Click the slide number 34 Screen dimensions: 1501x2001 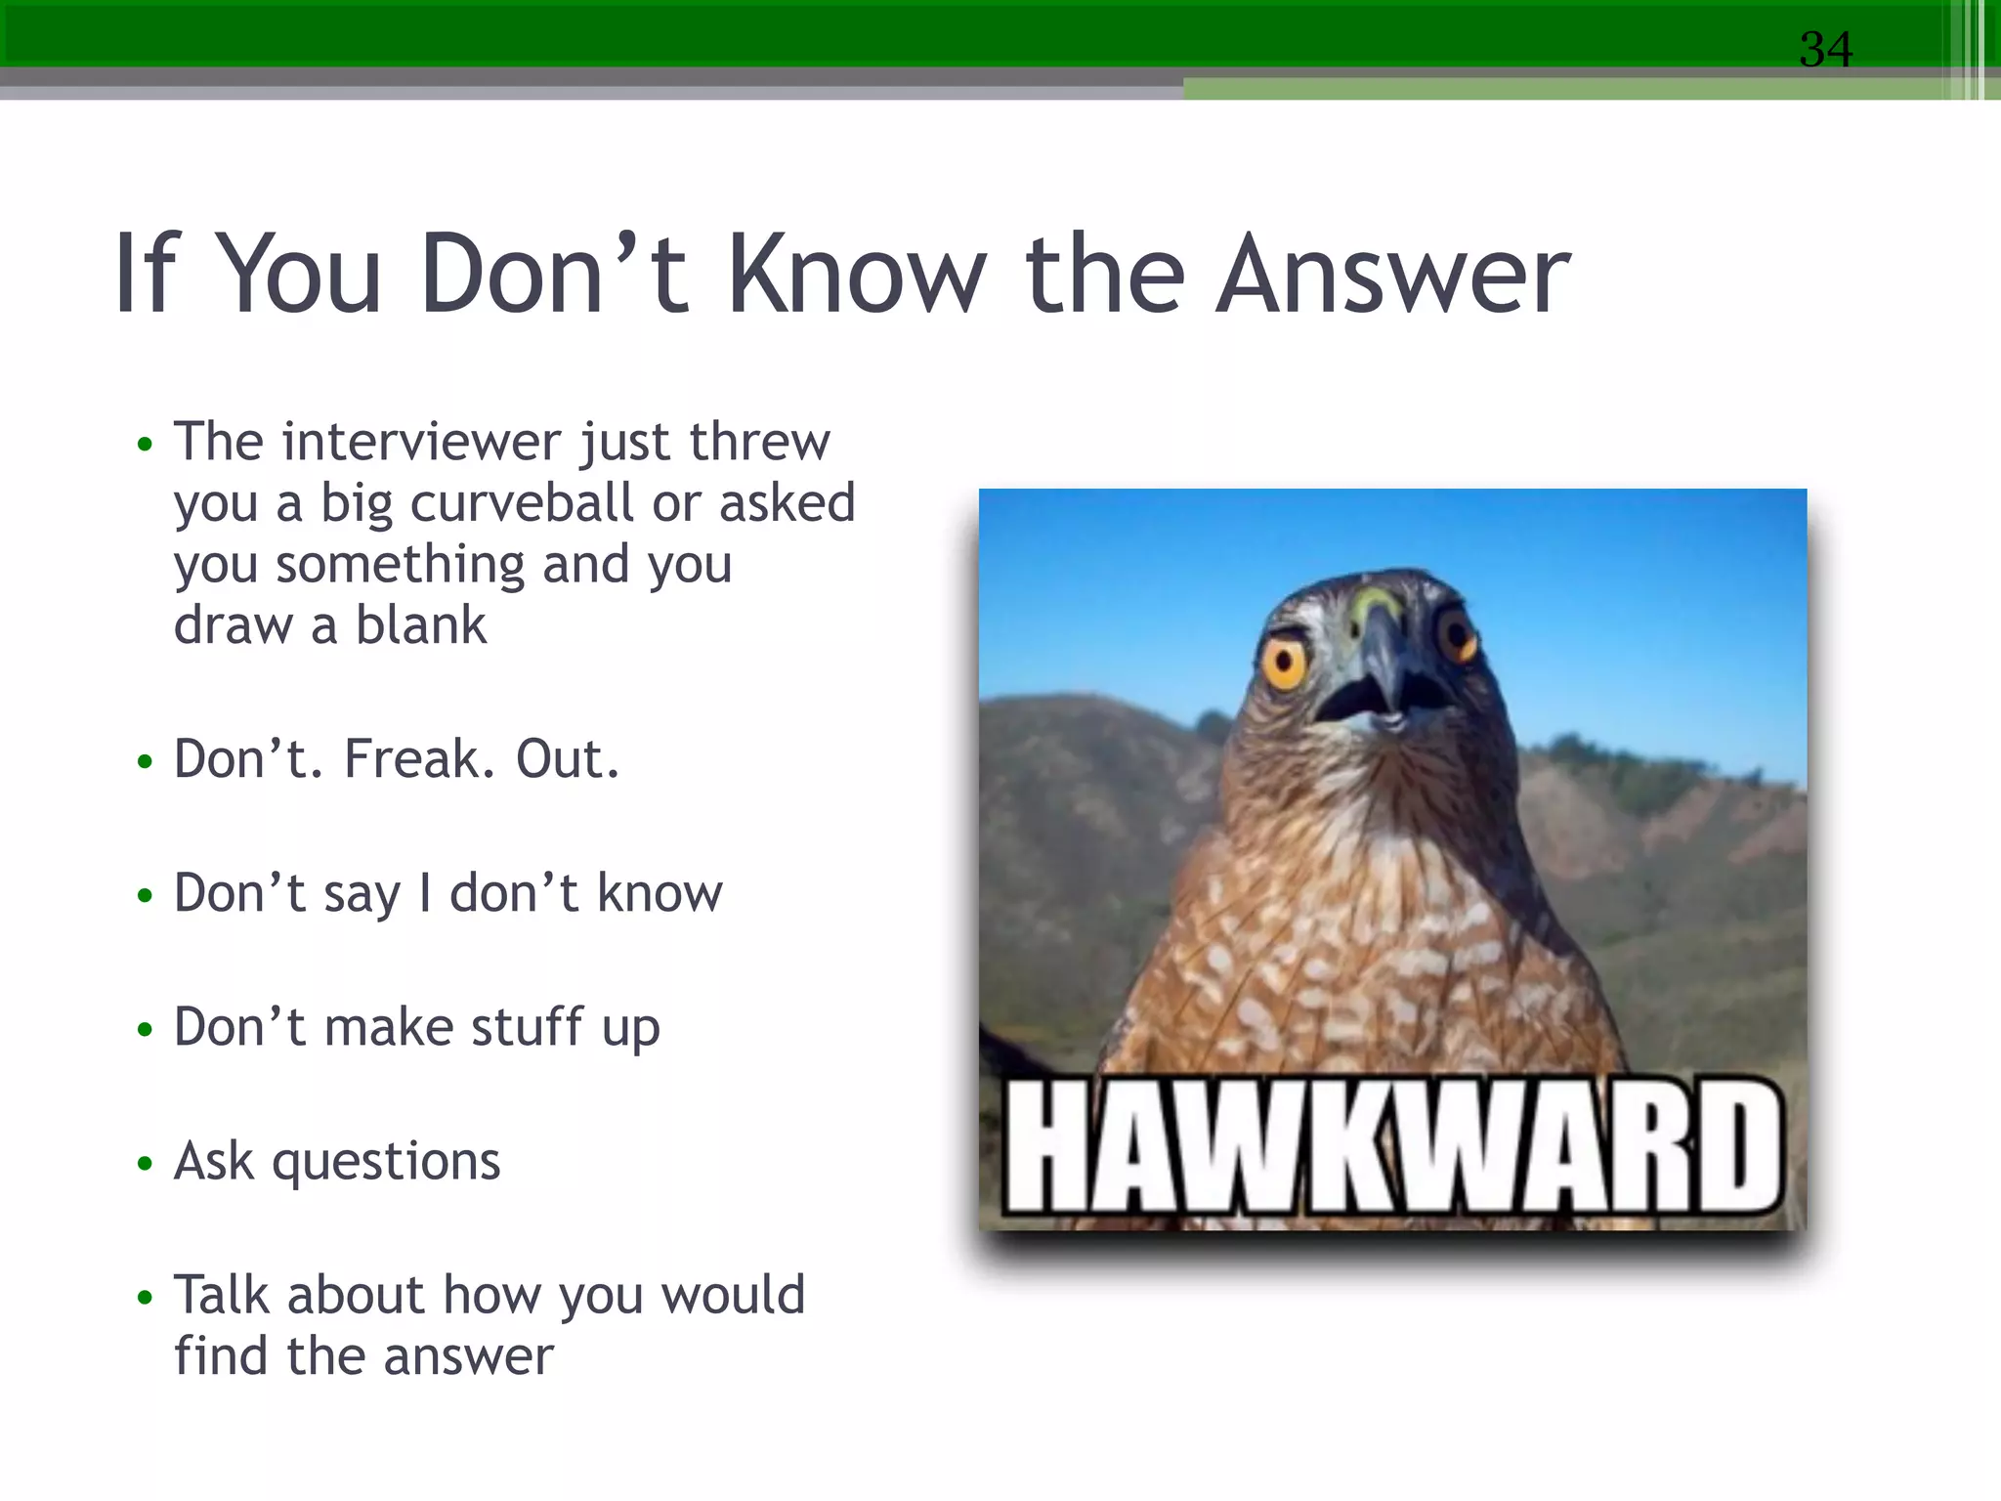tap(1825, 49)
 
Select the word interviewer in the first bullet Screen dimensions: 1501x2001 tap(420, 442)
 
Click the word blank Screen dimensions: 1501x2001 tap(420, 625)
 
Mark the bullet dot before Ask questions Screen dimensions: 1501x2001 tap(146, 1163)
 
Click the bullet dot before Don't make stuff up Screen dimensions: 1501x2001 tap(146, 1029)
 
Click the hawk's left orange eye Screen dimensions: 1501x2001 tap(1285, 665)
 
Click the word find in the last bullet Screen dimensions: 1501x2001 tap(220, 1356)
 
